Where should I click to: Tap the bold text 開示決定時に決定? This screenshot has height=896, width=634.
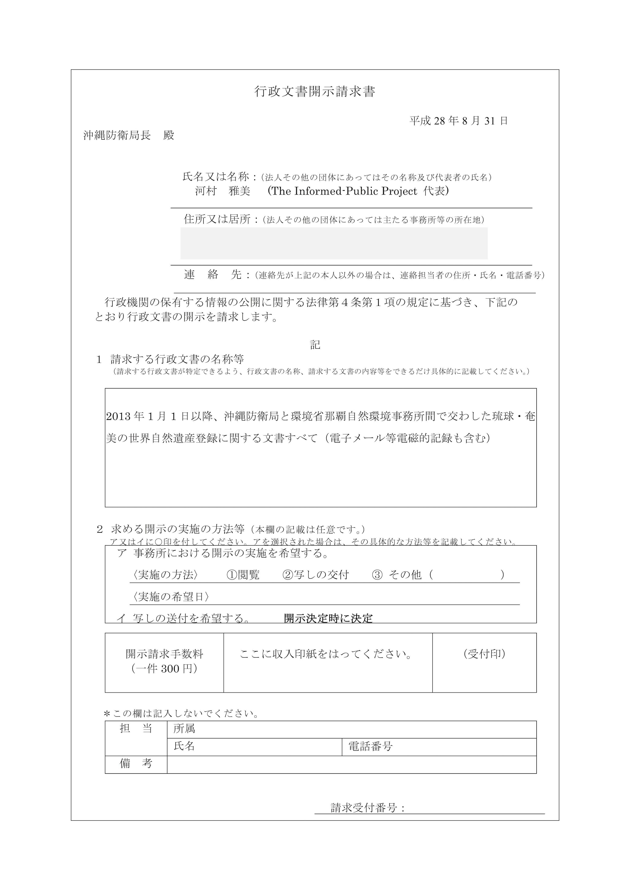[x=328, y=618]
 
